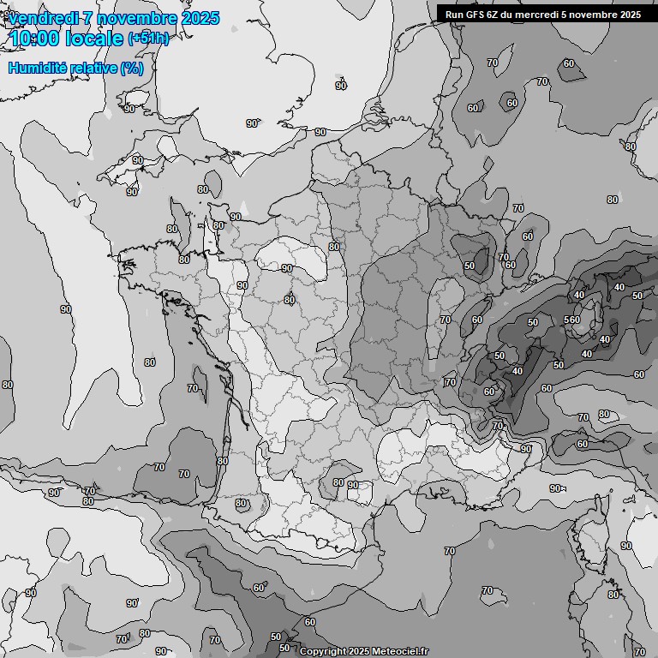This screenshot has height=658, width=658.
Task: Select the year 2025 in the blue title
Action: pyautogui.click(x=200, y=18)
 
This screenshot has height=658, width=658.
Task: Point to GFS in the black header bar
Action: pyautogui.click(x=476, y=15)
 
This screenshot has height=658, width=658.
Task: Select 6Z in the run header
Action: pyautogui.click(x=495, y=15)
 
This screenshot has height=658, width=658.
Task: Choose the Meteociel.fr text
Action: pyautogui.click(x=398, y=651)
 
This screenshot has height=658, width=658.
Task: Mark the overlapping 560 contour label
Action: pyautogui.click(x=572, y=320)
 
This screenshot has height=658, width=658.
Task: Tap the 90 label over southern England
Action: pyautogui.click(x=341, y=86)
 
